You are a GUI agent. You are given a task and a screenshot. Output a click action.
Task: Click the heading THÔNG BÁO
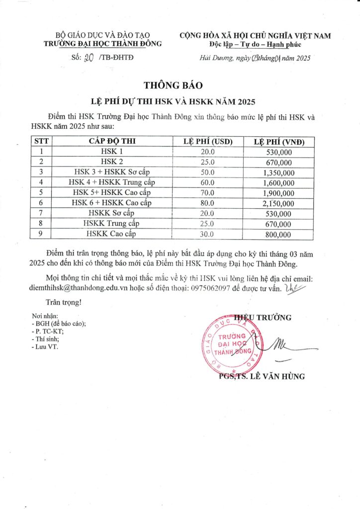tap(180, 85)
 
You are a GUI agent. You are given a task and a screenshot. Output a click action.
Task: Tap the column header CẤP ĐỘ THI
tap(112, 141)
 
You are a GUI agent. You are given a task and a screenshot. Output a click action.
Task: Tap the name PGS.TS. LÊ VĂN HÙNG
tap(262, 376)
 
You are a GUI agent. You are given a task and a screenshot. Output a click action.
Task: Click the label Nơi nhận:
tap(45, 316)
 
